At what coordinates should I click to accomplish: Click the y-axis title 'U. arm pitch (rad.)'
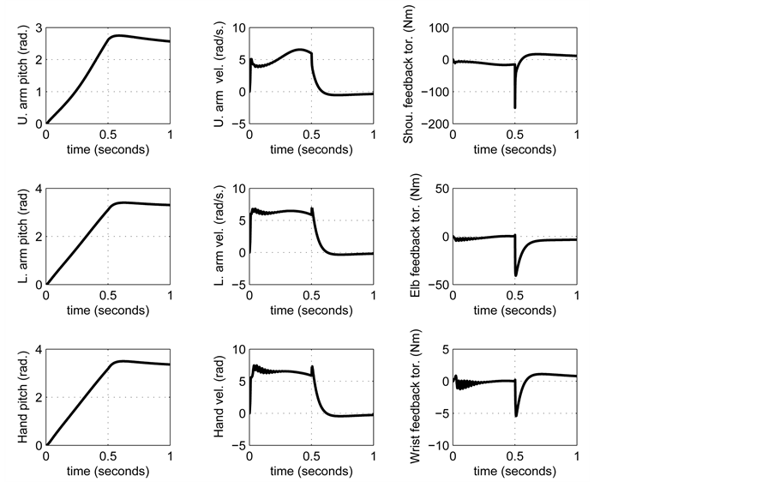pos(23,75)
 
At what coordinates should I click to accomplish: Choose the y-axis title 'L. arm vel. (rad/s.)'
pos(220,237)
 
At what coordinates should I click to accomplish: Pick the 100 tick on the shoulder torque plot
pos(436,28)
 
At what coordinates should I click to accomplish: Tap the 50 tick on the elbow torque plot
pos(441,189)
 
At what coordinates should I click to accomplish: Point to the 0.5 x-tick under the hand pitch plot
pos(108,455)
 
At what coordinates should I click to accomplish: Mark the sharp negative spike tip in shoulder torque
pos(515,108)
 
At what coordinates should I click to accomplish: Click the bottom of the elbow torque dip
pos(516,275)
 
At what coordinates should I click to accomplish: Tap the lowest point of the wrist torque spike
pos(516,416)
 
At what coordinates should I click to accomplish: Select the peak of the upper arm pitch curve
pos(117,35)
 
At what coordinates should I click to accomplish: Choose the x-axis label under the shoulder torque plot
pos(514,148)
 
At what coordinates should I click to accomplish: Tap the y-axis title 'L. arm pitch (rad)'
pos(23,237)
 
